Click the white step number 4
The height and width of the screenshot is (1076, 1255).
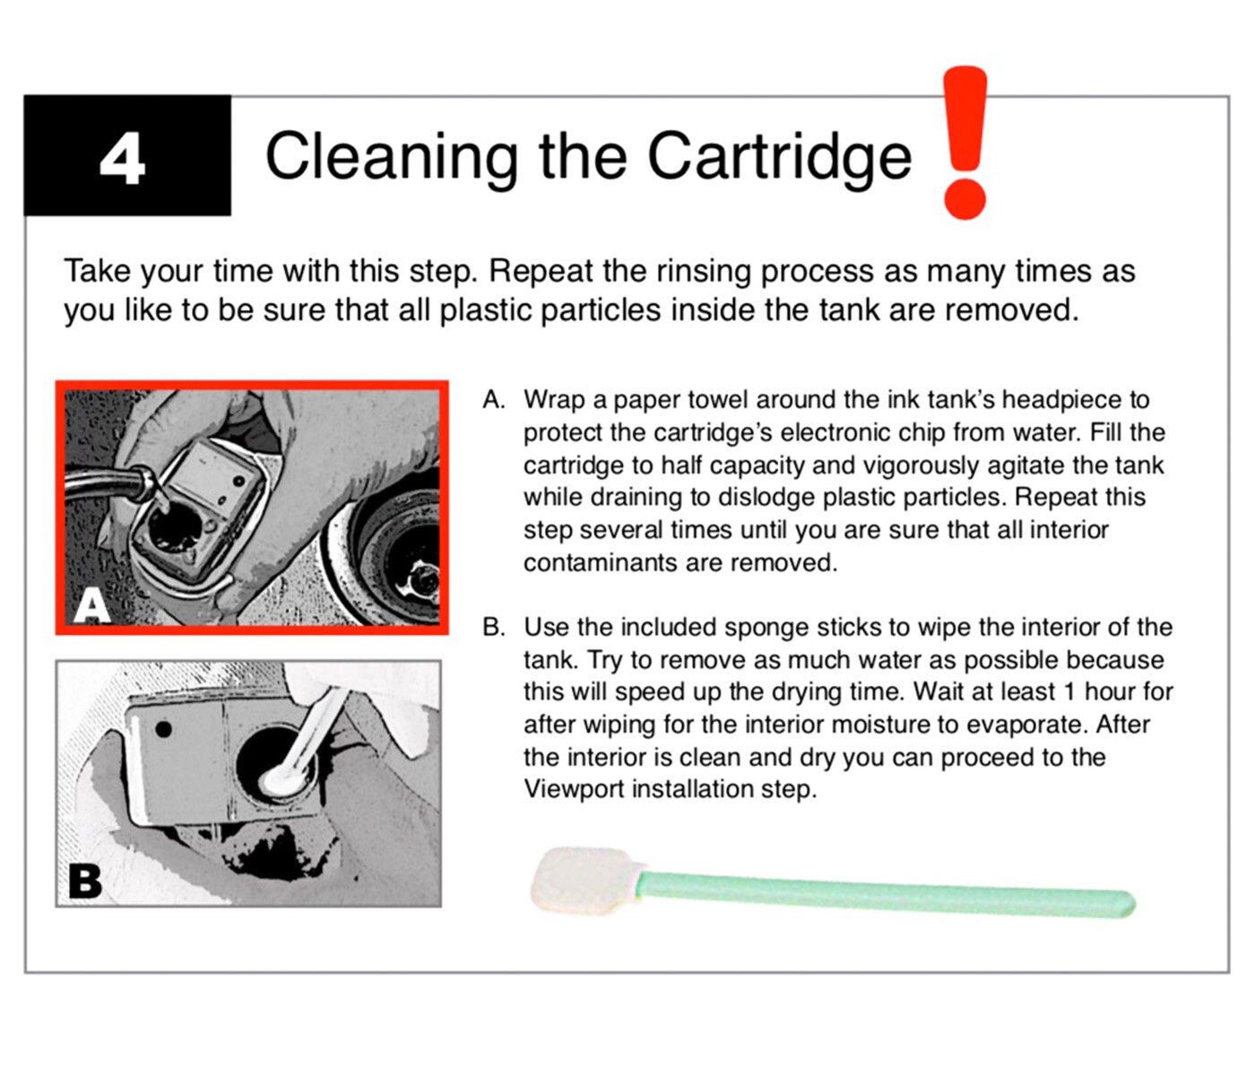[x=123, y=158]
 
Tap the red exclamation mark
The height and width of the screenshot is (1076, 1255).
[x=965, y=143]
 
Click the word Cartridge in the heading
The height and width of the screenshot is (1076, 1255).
[x=780, y=157]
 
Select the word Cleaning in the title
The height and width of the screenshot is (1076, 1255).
[x=392, y=158]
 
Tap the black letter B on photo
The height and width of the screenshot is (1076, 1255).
[x=85, y=881]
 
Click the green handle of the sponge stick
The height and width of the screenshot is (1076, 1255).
[x=887, y=892]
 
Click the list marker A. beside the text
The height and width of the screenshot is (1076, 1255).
[x=494, y=400]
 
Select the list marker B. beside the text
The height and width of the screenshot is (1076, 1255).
[x=494, y=628]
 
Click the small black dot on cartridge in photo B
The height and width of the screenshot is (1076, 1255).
[x=163, y=729]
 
